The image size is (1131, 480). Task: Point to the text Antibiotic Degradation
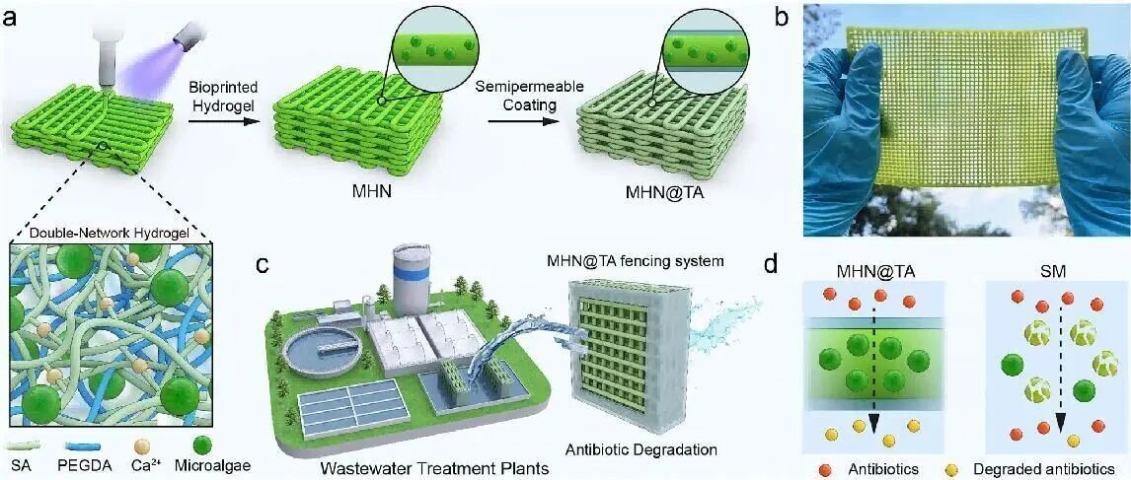click(641, 449)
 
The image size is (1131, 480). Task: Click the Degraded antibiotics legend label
click(1042, 465)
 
